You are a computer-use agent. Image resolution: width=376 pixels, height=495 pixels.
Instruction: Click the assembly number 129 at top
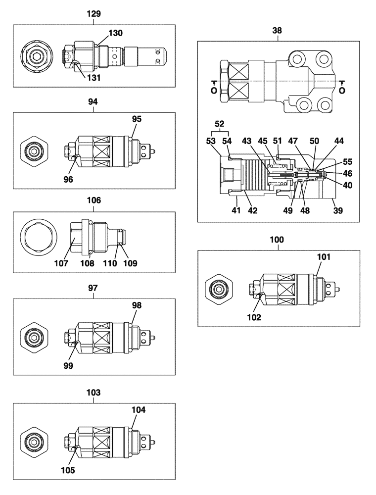pos(94,14)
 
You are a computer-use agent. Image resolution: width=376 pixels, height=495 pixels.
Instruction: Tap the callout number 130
pos(116,33)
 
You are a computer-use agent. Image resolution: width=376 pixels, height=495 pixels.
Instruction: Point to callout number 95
pos(137,119)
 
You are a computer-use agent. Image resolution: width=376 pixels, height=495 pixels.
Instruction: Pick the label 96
pos(68,180)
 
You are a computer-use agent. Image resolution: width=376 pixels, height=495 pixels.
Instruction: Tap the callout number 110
pos(110,263)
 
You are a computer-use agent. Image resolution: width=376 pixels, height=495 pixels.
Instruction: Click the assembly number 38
pos(277,30)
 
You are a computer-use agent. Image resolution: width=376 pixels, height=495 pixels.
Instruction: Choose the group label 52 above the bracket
pos(220,123)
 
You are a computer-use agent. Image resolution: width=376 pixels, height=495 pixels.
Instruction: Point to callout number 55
pos(348,161)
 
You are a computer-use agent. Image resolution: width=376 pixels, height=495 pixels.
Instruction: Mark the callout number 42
pos(253,210)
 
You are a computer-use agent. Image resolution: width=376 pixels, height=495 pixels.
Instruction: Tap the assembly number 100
pos(277,240)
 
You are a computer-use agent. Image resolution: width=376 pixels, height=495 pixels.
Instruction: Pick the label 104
pos(139,409)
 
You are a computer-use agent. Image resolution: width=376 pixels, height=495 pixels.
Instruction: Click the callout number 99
pos(68,365)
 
